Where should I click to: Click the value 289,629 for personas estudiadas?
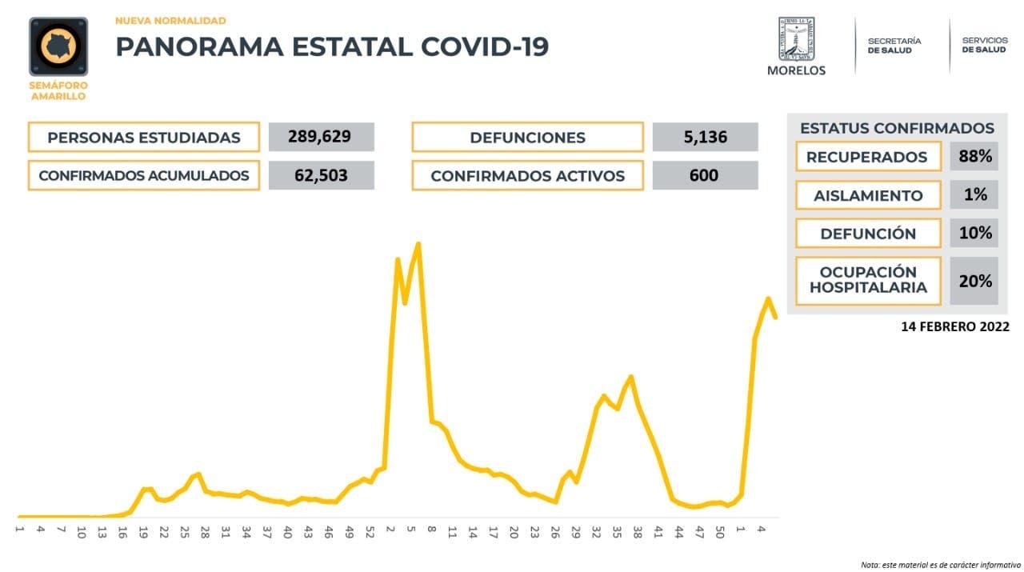tap(321, 137)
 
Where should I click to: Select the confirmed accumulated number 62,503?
tap(321, 175)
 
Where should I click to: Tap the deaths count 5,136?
tap(705, 137)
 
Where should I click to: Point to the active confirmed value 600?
tap(705, 175)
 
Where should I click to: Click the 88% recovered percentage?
tap(974, 156)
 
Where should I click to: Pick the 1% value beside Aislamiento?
tap(974, 194)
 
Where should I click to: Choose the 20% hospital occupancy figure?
tap(974, 281)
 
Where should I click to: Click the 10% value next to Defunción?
tap(974, 234)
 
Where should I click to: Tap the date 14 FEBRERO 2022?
tap(955, 327)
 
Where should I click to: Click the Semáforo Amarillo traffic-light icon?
tap(58, 47)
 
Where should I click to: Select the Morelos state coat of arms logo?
tap(796, 39)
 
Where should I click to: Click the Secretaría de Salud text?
tap(894, 45)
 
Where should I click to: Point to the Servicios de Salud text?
tap(984, 45)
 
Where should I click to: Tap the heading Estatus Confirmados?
tap(897, 128)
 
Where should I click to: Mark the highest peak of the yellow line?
tap(418, 244)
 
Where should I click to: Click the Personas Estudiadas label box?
tap(144, 137)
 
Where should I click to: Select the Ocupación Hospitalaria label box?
tap(868, 281)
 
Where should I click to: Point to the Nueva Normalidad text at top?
tap(170, 21)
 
